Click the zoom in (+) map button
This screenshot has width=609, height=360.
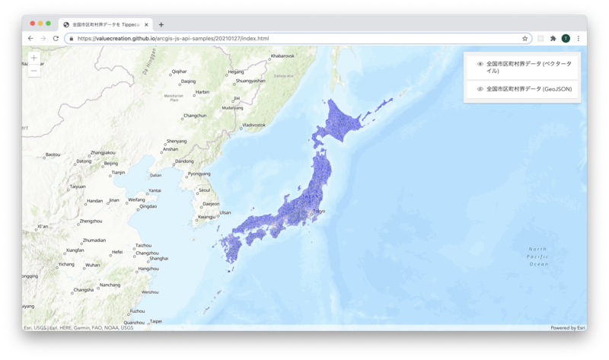[34, 58]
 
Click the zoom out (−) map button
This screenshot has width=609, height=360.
[34, 71]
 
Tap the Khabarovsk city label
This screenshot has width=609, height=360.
[282, 56]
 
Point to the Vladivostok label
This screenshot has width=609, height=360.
[253, 125]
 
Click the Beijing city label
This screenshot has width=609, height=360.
[111, 163]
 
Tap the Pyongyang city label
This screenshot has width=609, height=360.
[199, 174]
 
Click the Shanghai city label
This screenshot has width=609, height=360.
[158, 259]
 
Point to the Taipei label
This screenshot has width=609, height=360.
[155, 321]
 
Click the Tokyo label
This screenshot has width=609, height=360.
[319, 211]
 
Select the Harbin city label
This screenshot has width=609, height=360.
[202, 92]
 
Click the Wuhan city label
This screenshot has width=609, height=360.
[92, 265]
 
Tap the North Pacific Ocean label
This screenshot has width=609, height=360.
[538, 256]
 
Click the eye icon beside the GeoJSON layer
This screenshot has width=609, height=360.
[480, 89]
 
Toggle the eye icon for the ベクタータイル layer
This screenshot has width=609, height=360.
[480, 64]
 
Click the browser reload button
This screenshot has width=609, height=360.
[56, 38]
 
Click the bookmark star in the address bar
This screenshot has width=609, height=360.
[525, 38]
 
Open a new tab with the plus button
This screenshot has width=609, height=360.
[161, 24]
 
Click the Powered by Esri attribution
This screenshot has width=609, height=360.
[568, 328]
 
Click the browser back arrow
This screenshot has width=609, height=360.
[30, 38]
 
